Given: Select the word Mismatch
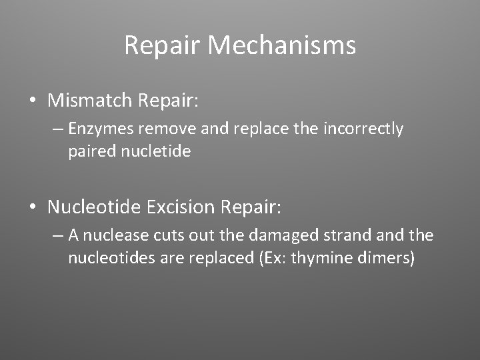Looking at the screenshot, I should [x=90, y=101].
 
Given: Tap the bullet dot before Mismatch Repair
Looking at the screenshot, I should [x=33, y=101].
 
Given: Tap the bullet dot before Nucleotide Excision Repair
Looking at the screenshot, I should [x=33, y=208].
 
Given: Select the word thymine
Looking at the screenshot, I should [x=325, y=258].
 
